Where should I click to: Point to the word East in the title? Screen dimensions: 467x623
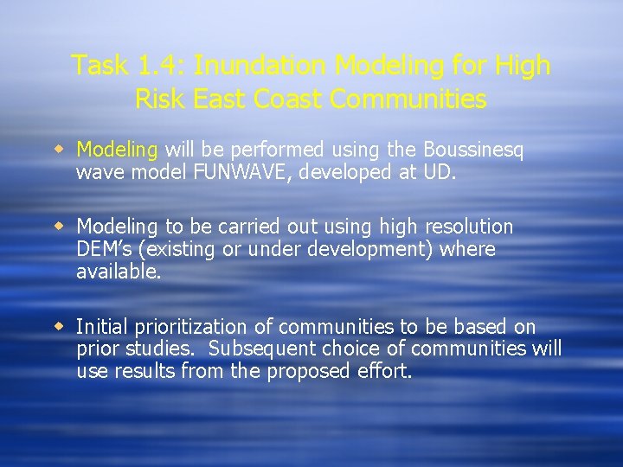tap(220, 99)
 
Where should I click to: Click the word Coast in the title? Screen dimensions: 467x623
tap(287, 99)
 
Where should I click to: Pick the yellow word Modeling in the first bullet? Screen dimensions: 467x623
tap(117, 150)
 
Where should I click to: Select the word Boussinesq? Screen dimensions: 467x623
tap(473, 150)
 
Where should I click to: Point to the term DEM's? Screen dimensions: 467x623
tap(104, 249)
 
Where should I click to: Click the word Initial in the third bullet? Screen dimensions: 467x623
tap(101, 327)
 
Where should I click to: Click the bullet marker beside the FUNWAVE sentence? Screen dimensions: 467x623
tap(61, 149)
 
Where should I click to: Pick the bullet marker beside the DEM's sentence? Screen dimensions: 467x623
tap(61, 226)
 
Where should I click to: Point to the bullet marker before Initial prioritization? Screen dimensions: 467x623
tap(61, 326)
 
